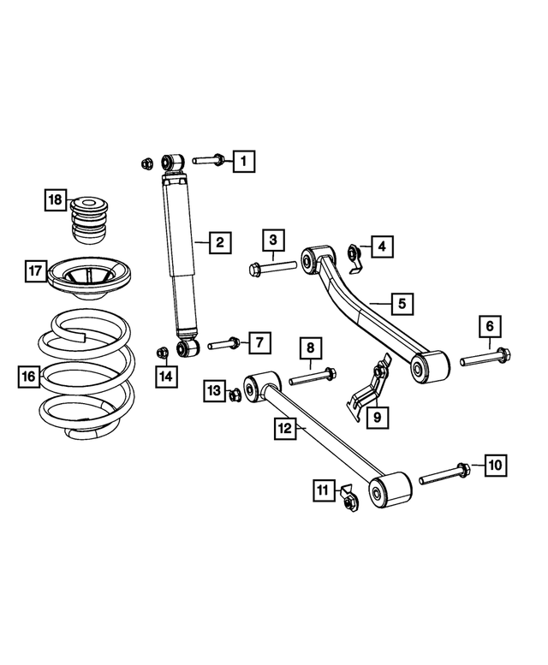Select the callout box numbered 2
(x=219, y=243)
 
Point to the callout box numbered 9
(x=373, y=417)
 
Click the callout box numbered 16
(x=29, y=376)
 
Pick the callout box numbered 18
(x=56, y=200)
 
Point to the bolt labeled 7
(x=223, y=345)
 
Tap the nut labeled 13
(x=235, y=394)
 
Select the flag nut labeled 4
(x=353, y=252)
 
